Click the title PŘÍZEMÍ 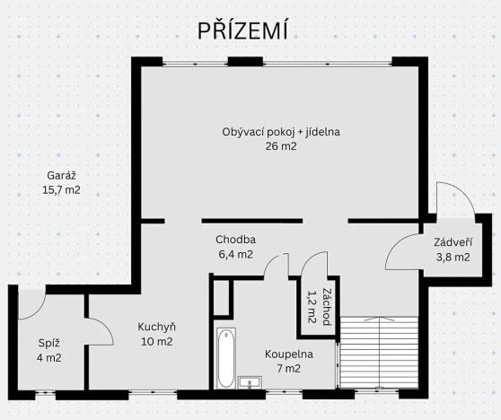coord(242,32)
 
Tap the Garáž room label coord(60,176)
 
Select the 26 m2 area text coord(281,146)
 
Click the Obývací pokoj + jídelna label coord(281,132)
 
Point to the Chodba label coord(236,240)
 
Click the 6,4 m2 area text coord(234,254)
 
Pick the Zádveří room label coord(452,242)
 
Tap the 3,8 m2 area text coord(452,257)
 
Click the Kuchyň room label coord(155,327)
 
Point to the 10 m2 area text coord(155,341)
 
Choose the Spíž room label coord(48,342)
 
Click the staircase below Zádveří coord(380,354)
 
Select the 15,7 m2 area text coord(60,190)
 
